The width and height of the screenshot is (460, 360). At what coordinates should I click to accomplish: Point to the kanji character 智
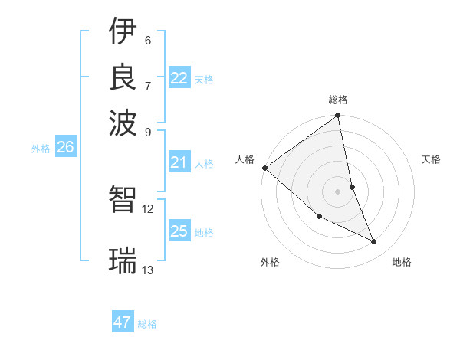point(123,199)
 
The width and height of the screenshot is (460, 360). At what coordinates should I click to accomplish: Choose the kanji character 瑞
point(123,260)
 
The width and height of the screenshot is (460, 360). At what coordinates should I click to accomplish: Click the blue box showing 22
point(179,78)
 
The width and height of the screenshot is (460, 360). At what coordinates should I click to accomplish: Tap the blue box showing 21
point(179,162)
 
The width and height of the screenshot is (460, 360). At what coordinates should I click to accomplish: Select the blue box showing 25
point(179,231)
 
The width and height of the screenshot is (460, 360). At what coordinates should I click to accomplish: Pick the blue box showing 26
point(65,148)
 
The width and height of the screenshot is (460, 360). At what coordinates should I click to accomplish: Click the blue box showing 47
point(123,322)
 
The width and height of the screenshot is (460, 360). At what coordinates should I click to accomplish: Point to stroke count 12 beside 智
point(148,208)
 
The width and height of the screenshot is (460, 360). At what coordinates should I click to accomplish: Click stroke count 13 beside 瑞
point(148,270)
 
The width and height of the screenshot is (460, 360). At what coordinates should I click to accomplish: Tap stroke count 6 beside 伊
point(148,40)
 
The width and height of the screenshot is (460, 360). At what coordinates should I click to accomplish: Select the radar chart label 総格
point(338,100)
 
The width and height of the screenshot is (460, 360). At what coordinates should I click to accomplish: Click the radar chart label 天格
point(432,159)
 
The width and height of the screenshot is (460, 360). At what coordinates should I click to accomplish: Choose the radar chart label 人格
point(245,159)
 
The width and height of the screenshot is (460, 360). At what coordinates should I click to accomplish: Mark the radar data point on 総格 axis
point(338,117)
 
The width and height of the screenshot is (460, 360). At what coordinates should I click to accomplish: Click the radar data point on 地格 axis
point(374,242)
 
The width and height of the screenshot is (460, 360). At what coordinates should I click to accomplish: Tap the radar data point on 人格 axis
point(264,168)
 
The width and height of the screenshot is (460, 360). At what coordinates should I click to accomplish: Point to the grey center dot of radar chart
point(338,191)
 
